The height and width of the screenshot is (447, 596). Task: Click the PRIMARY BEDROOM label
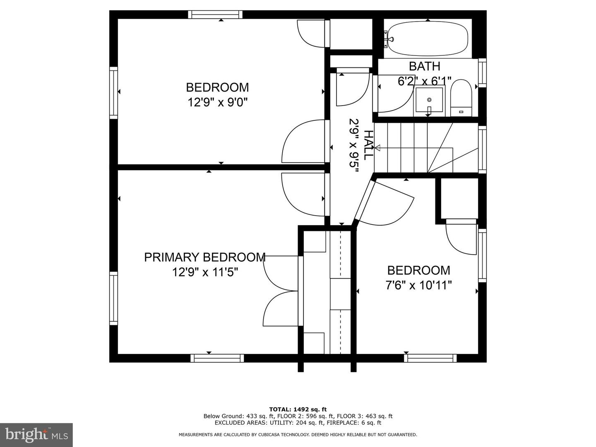(x=204, y=257)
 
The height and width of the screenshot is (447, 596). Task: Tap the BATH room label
(x=424, y=66)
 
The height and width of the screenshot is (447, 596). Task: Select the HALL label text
(x=368, y=145)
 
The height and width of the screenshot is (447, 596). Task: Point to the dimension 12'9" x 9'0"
(x=217, y=102)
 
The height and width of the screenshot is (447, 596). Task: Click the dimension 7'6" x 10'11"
(x=418, y=285)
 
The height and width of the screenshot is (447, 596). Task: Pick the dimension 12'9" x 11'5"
(x=205, y=272)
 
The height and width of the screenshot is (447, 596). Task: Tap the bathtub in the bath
(x=428, y=38)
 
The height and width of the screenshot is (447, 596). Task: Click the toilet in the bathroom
(x=460, y=99)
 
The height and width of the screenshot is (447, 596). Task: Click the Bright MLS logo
(x=36, y=435)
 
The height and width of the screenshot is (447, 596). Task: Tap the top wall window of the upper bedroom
(x=215, y=14)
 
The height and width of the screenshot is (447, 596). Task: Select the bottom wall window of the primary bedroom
(x=217, y=358)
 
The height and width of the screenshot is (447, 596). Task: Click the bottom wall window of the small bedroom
(x=430, y=358)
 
